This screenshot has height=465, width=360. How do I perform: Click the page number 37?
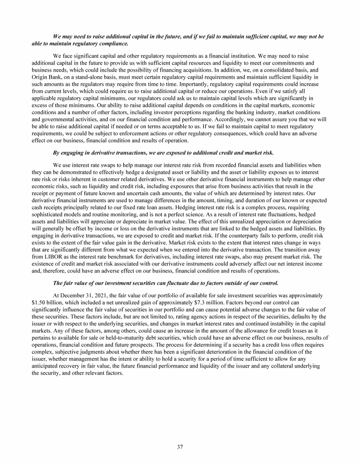[x=180, y=446]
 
